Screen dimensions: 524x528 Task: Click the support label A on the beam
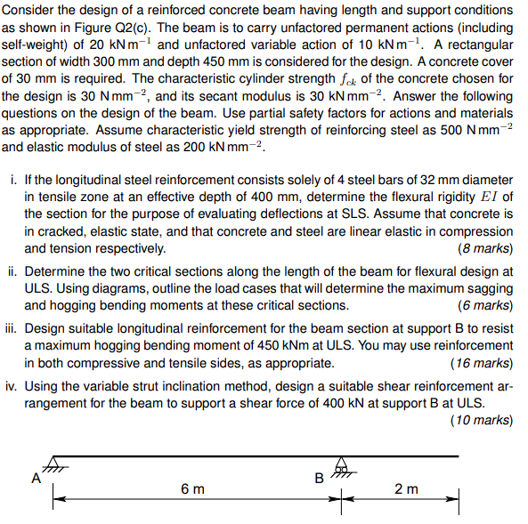[37, 478]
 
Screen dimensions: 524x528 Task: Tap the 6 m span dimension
[191, 488]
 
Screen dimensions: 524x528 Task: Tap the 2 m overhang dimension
[406, 488]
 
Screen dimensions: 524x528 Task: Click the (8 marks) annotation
[483, 249]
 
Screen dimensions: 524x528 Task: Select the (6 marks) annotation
[483, 305]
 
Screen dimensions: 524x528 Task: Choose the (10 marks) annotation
[481, 419]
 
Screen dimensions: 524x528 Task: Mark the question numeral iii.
[12, 329]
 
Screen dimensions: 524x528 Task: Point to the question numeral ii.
[13, 272]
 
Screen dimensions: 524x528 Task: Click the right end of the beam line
[458, 457]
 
